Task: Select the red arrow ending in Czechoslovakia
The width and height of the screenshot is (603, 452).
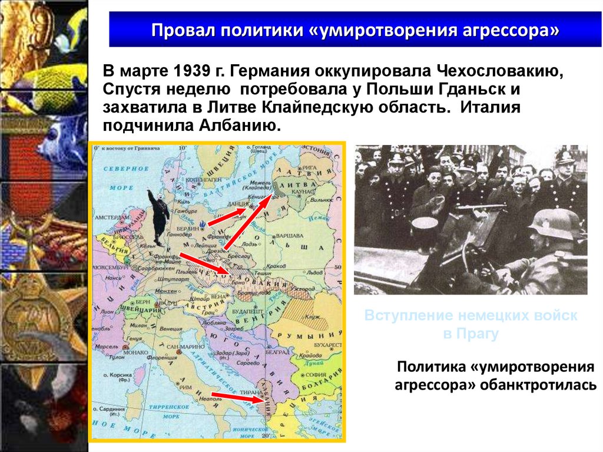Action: point(203,263)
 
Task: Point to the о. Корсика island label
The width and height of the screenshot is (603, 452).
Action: point(120,374)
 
